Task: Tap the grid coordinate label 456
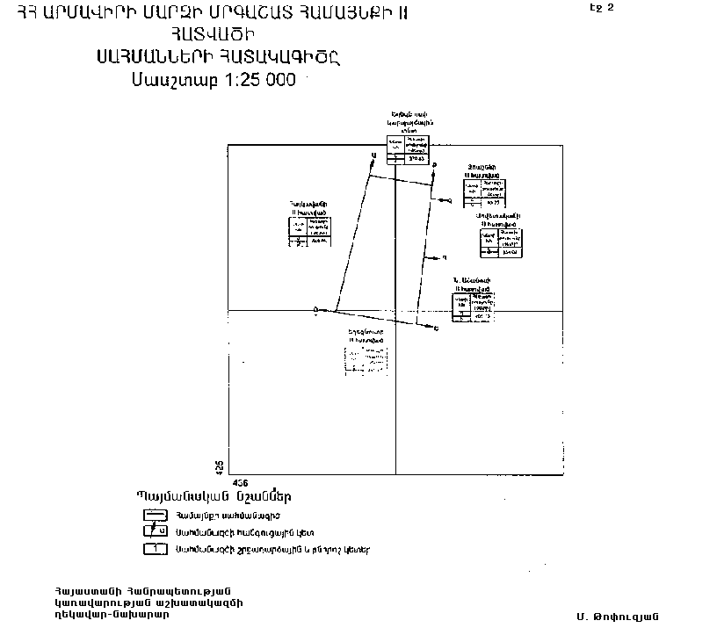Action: point(239,483)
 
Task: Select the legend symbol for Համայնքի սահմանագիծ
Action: point(156,515)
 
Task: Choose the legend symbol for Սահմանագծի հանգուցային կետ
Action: point(156,531)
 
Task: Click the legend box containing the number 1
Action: point(156,549)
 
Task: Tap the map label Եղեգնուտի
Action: point(365,331)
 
